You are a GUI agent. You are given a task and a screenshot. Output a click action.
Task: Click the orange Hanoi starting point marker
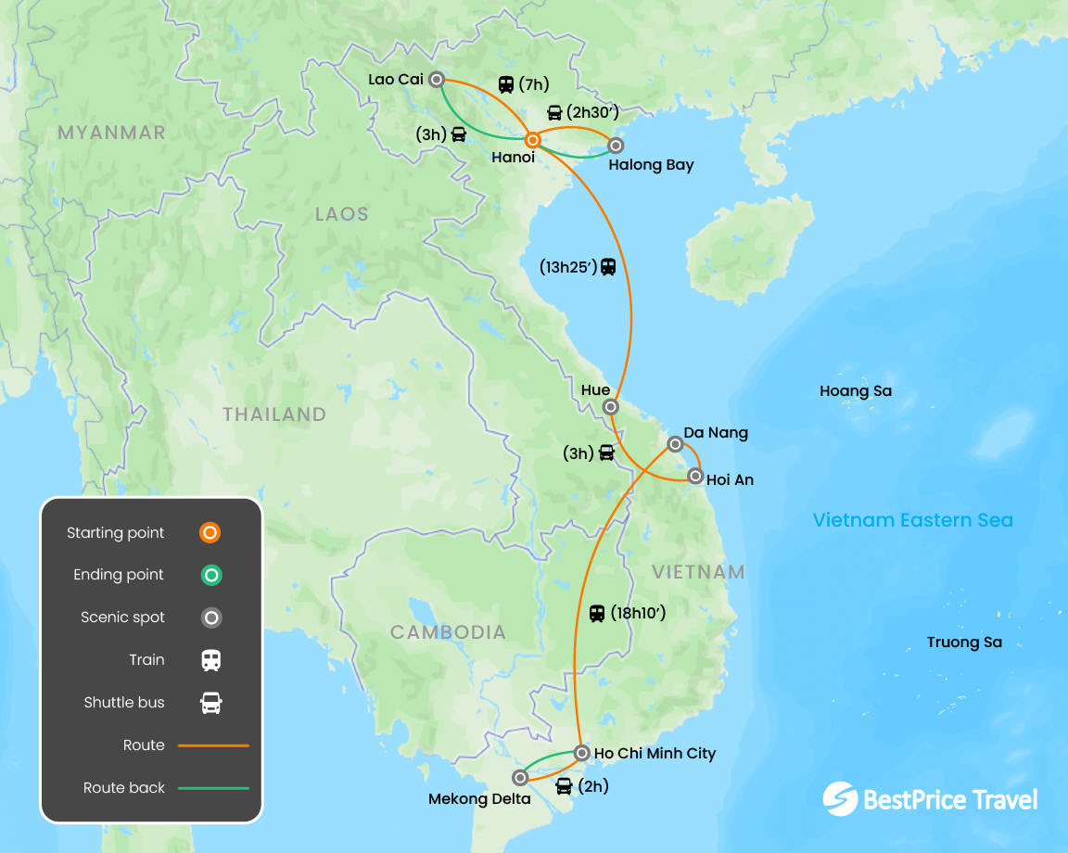[x=533, y=141]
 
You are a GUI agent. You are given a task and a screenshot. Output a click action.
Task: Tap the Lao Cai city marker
[x=436, y=80]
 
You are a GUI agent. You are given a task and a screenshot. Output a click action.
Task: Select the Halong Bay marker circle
[x=615, y=145]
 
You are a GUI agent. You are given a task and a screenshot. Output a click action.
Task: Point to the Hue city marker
[x=610, y=406]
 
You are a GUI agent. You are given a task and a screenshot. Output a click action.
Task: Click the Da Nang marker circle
[x=675, y=445]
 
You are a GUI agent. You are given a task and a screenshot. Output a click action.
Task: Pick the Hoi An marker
[x=695, y=477]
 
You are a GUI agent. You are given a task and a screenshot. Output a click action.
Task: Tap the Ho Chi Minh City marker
[x=581, y=753]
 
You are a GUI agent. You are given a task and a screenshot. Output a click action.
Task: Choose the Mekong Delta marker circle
[x=520, y=778]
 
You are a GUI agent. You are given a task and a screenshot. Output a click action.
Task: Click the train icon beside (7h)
[x=506, y=84]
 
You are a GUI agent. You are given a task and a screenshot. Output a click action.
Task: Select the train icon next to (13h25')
[x=608, y=266]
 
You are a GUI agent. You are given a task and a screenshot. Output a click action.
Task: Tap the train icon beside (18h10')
[x=597, y=613]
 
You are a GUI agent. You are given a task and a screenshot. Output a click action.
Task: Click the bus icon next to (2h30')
[x=554, y=113]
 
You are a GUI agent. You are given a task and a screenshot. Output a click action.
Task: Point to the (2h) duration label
[x=593, y=787]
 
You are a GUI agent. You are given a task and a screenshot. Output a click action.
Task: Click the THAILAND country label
[x=274, y=414]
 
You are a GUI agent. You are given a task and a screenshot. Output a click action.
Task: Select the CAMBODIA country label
[x=448, y=632]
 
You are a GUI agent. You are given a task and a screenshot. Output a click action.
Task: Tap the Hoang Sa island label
[x=855, y=391]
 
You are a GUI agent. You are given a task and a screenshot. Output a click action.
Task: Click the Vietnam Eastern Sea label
[x=912, y=520]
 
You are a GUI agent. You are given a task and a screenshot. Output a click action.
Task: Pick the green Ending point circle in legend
[x=211, y=575]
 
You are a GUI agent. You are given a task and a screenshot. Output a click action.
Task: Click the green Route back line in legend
[x=213, y=788]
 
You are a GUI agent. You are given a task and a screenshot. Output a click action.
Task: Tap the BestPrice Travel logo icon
[x=839, y=799]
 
